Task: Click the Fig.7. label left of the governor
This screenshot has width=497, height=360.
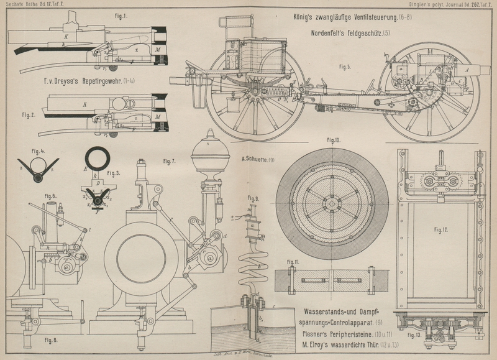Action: (x=169, y=161)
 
